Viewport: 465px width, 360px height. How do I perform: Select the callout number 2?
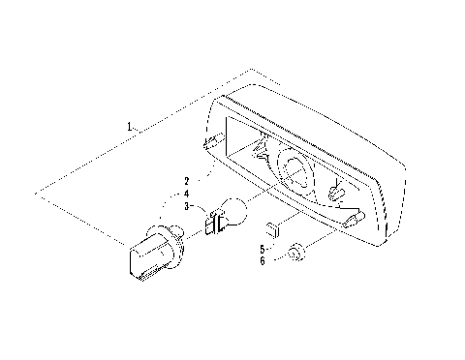(x=185, y=181)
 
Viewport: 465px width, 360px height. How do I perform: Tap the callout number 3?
(x=185, y=206)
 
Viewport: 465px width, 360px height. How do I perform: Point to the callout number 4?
(x=185, y=194)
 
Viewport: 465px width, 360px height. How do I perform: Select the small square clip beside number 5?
(x=274, y=229)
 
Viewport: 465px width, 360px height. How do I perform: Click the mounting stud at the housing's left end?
(x=209, y=143)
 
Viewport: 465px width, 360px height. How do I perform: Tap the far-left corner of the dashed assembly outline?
(x=37, y=194)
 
